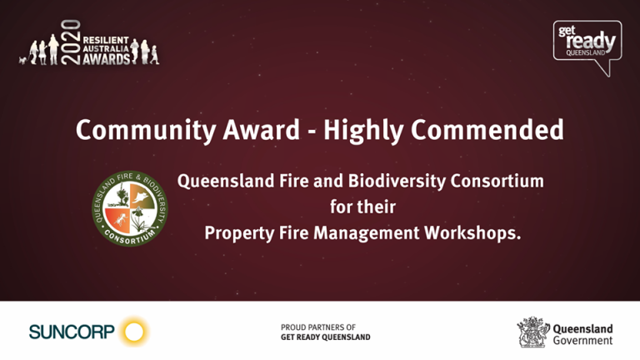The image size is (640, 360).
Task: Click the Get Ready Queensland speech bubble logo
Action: [x=587, y=45]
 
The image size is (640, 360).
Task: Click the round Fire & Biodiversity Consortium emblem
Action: [x=129, y=207]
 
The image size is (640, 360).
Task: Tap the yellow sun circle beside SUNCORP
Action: [x=133, y=332]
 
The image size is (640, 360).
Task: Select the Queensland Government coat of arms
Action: [x=532, y=332]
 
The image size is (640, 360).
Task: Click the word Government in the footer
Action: [x=582, y=340]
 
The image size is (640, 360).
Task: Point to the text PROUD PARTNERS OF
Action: [x=317, y=327]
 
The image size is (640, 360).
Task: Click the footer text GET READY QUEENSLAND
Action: [x=326, y=337]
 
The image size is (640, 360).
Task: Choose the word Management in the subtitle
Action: [x=361, y=233]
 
